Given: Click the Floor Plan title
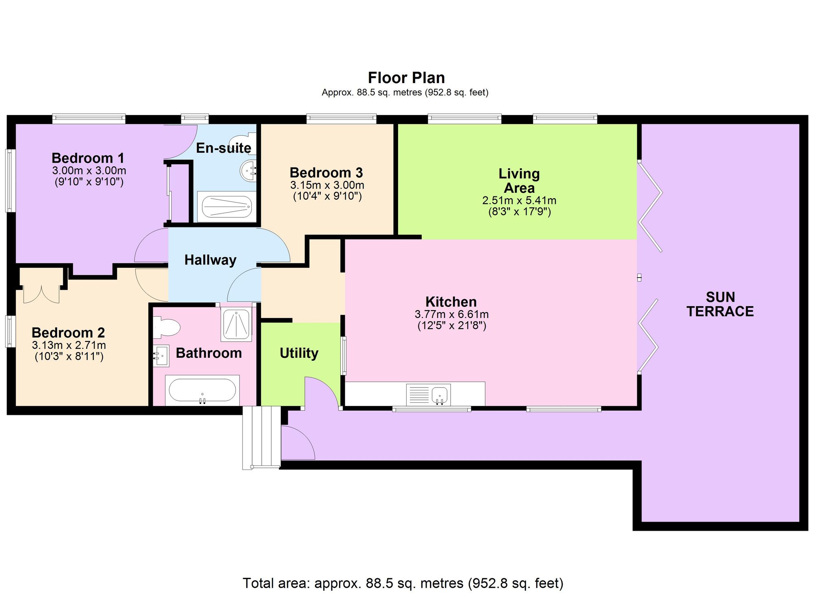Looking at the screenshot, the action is point(406,77).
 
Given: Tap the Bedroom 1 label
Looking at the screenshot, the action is point(88,158).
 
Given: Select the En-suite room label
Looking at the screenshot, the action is point(224,148).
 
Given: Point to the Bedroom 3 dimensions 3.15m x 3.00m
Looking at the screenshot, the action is point(327,185).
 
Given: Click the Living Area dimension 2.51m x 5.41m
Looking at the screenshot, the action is point(519,201).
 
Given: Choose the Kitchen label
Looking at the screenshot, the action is point(451,302).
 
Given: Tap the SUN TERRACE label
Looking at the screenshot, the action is point(720,304).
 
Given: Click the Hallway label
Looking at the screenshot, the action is point(210,260).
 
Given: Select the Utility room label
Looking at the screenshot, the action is point(299,353).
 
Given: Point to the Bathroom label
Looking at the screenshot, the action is point(209,353).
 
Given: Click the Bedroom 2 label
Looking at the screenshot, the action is point(68,333).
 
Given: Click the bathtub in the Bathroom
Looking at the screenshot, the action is point(202,390).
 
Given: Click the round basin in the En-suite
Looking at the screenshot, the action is point(248,170).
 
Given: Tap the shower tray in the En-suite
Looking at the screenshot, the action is point(227,207).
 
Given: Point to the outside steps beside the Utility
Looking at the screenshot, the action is point(262,437).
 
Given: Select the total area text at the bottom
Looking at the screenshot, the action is point(403,583).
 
